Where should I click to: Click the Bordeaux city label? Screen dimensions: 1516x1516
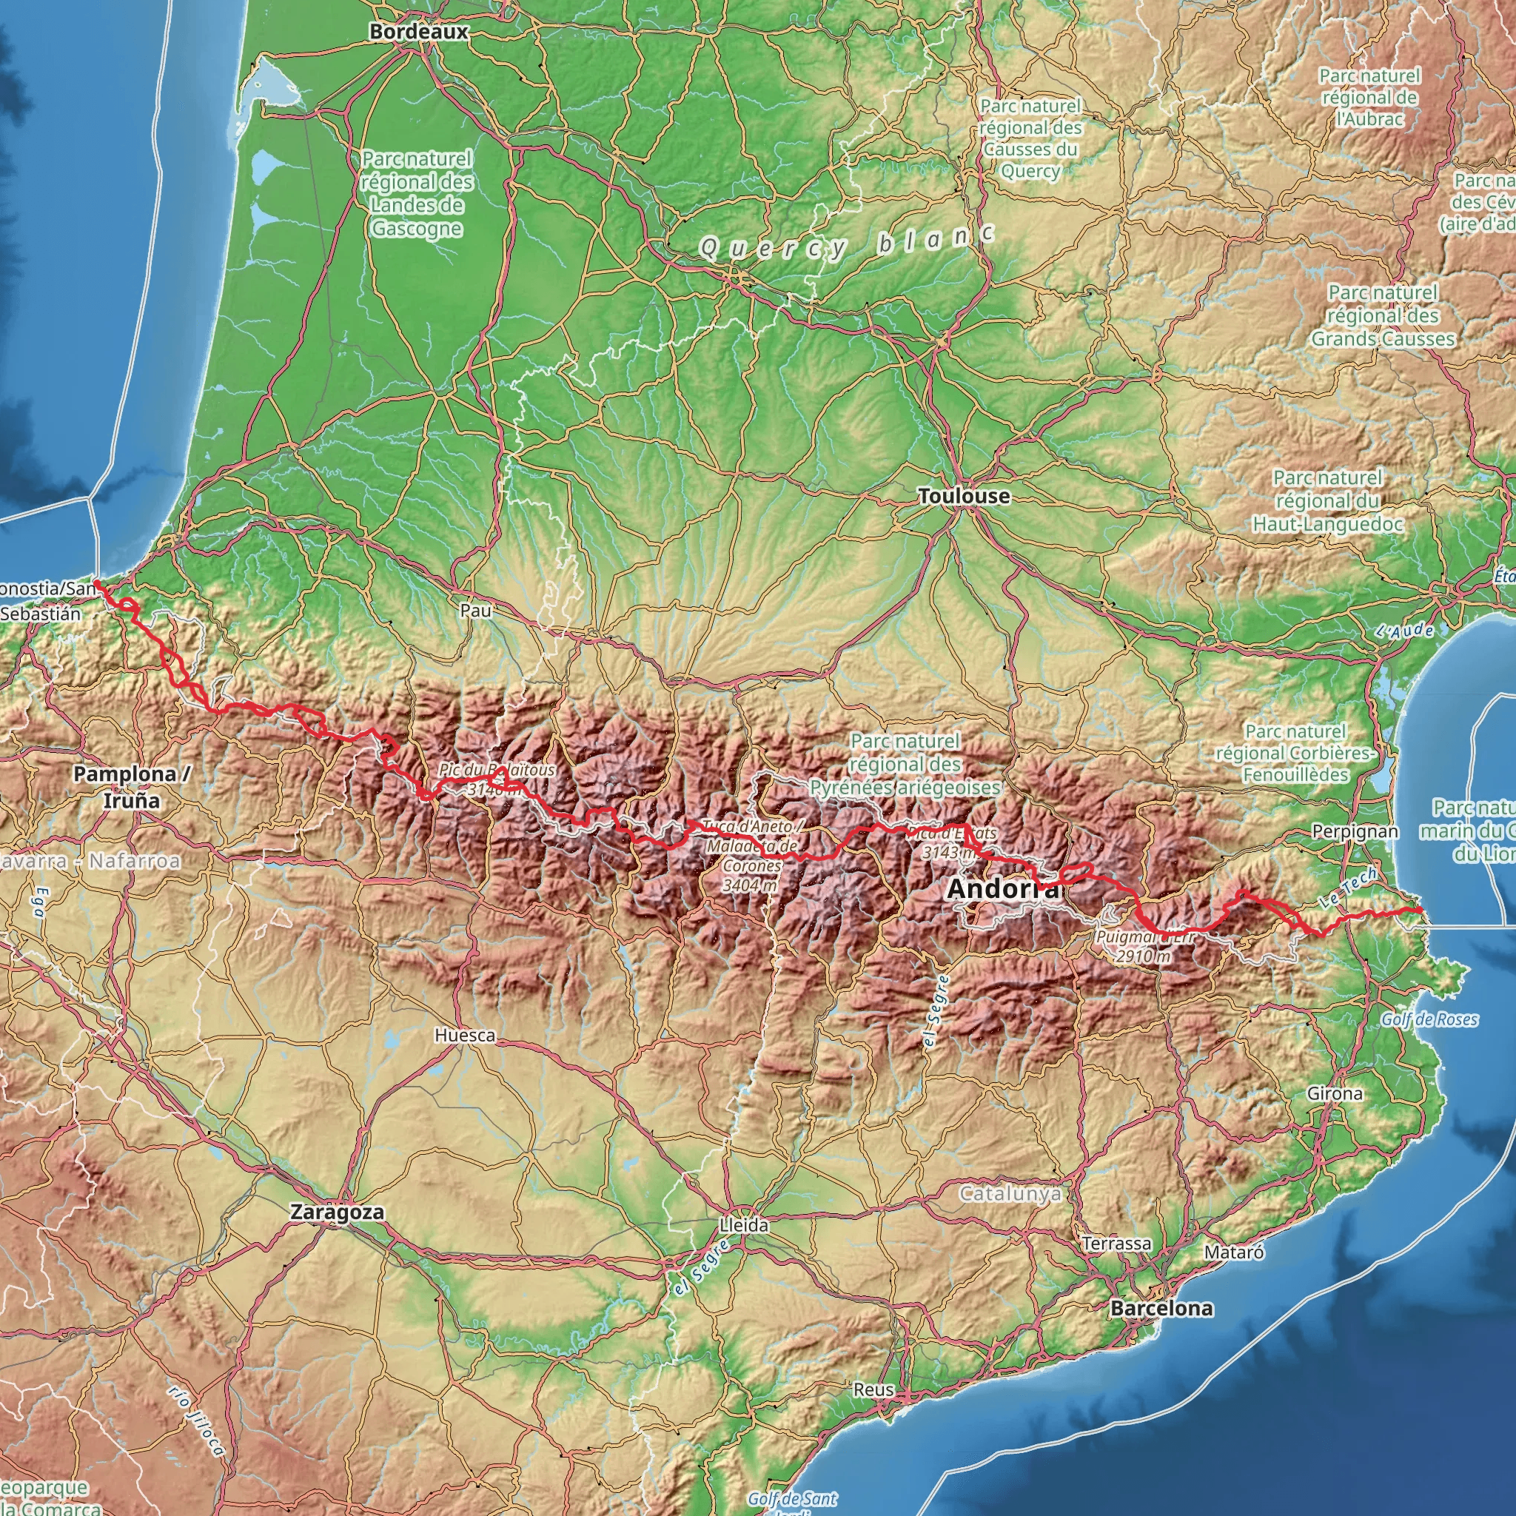tap(418, 31)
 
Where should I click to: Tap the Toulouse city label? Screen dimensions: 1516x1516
tap(964, 496)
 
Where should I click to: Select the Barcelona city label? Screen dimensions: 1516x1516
tap(1161, 1308)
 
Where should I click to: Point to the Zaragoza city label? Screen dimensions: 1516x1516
tap(338, 1212)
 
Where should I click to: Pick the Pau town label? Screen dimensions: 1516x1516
tap(475, 610)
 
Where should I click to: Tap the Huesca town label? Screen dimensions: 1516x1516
tap(465, 1035)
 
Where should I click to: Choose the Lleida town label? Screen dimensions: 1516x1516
tap(744, 1225)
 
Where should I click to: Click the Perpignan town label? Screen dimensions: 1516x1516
tap(1355, 831)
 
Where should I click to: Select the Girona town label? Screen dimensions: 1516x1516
tap(1335, 1093)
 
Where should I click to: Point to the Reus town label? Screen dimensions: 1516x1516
tap(873, 1389)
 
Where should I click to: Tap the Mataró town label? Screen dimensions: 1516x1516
tap(1233, 1252)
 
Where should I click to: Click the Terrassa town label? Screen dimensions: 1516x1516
tap(1116, 1243)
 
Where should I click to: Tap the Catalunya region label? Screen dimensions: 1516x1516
tap(1010, 1194)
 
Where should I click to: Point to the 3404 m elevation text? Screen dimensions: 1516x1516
tap(750, 885)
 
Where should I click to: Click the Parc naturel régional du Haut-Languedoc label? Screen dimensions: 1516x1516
tap(1328, 500)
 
